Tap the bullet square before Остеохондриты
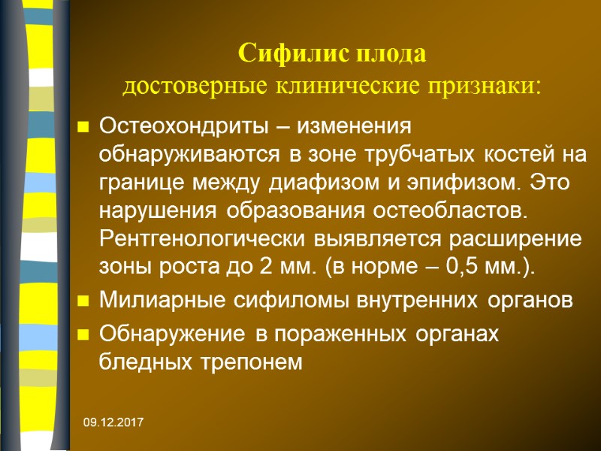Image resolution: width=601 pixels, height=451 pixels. pyautogui.click(x=83, y=127)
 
